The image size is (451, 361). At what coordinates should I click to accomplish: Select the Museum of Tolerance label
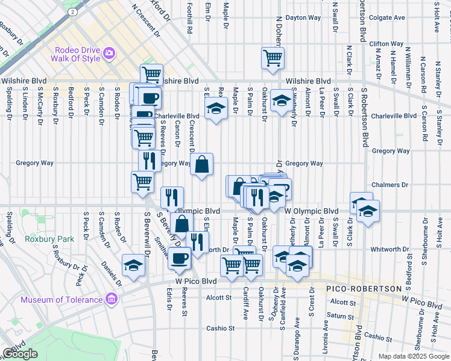pyautogui.click(x=61, y=300)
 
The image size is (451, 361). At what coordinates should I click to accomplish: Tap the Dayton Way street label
pyautogui.click(x=303, y=18)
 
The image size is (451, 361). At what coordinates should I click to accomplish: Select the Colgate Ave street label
pyautogui.click(x=386, y=18)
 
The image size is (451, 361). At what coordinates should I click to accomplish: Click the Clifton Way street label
pyautogui.click(x=386, y=44)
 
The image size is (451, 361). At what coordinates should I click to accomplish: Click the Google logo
pyautogui.click(x=20, y=354)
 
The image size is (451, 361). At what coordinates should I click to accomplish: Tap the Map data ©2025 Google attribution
pyautogui.click(x=414, y=356)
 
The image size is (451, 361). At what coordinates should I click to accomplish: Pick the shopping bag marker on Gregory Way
pyautogui.click(x=202, y=164)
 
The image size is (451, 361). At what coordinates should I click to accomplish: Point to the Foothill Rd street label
pyautogui.click(x=189, y=18)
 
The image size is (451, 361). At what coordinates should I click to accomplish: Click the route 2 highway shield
pyautogui.click(x=72, y=11)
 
